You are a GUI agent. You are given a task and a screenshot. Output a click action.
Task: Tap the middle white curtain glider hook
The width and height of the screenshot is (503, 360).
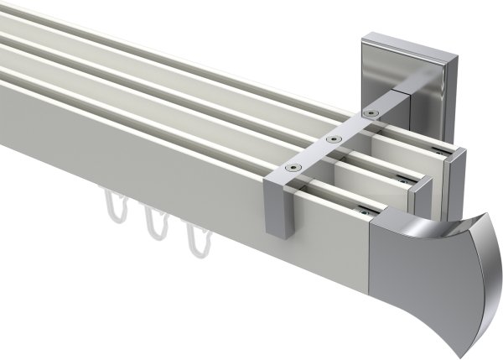coord(154,226)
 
